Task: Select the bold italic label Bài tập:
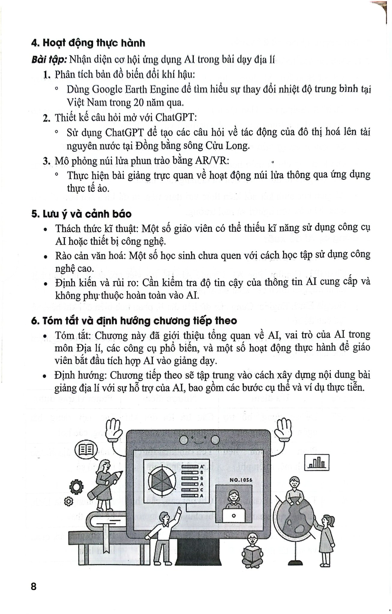[49, 60]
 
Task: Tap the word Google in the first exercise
[106, 89]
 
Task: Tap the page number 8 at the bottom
[34, 586]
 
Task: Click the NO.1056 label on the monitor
[241, 480]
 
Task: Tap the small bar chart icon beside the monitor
[317, 462]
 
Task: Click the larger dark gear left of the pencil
[76, 487]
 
